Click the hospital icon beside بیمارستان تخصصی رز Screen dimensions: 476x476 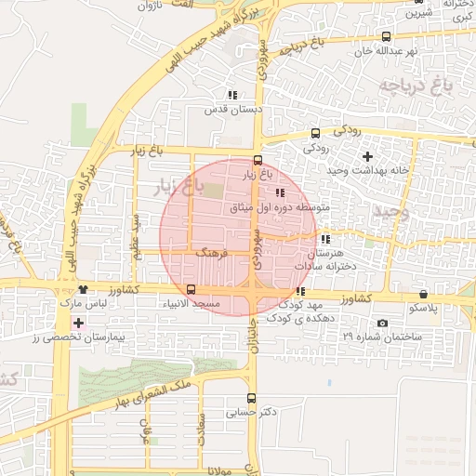point(79,324)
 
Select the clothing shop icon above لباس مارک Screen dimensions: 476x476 point(83,289)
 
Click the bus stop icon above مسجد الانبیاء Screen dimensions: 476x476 point(191,289)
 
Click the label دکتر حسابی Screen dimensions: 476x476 point(253,411)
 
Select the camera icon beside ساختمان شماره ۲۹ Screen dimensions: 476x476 point(383,323)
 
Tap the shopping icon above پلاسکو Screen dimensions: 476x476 point(424,294)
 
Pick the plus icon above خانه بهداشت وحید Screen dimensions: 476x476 point(367,156)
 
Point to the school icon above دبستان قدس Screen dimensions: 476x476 point(231,95)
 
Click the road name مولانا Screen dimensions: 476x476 point(226,470)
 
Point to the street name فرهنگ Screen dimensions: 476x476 point(212,252)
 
